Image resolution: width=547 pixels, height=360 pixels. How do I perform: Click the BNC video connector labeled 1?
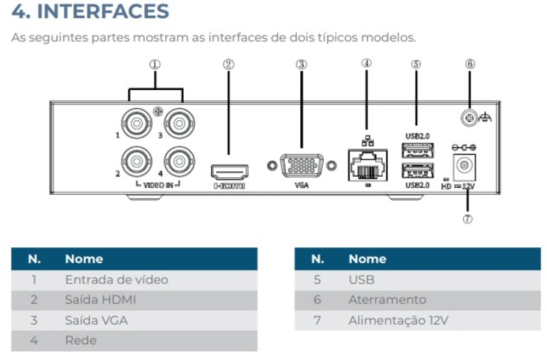point(136,124)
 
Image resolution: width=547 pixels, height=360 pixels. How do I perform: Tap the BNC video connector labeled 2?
point(136,161)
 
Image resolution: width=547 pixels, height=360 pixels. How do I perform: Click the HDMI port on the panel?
point(230,172)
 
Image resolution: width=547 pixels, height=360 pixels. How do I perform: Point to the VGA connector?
point(301,166)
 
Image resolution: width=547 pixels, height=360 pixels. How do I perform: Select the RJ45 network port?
point(367,165)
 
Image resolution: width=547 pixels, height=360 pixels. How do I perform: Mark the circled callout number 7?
point(467,219)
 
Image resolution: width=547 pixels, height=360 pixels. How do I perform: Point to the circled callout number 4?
point(366,63)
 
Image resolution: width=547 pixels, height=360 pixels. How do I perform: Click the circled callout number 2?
point(229,64)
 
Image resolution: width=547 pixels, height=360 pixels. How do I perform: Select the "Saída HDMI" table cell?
point(101,300)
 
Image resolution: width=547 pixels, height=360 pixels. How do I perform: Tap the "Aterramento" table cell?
point(387,300)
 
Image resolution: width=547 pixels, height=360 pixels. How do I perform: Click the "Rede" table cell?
point(80,340)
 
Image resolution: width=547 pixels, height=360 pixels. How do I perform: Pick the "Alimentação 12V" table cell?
point(398,321)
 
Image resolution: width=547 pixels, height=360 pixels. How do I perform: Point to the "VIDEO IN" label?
point(158,185)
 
